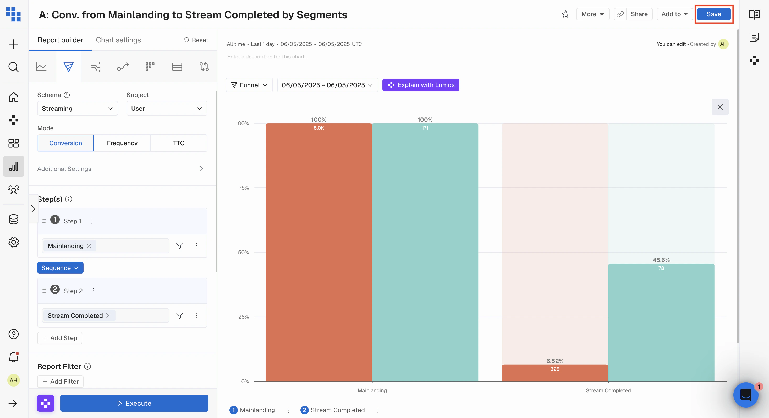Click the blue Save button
[x=713, y=14]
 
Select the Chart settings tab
[x=118, y=40]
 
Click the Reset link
[x=196, y=40]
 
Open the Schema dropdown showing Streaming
[x=77, y=109]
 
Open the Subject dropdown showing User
[x=167, y=109]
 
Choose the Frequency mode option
[x=122, y=143]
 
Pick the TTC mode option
[x=179, y=143]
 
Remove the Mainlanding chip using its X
[x=89, y=246]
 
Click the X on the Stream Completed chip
[x=108, y=315]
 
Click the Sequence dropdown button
[x=60, y=268]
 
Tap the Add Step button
[x=60, y=338]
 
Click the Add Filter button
[x=60, y=382]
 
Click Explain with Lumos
[x=421, y=85]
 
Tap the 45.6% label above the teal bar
[x=661, y=260]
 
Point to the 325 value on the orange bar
[x=555, y=369]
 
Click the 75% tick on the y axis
[x=243, y=188]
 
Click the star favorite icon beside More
[x=565, y=14]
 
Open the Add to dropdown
[x=674, y=14]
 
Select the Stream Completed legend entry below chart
[x=337, y=410]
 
